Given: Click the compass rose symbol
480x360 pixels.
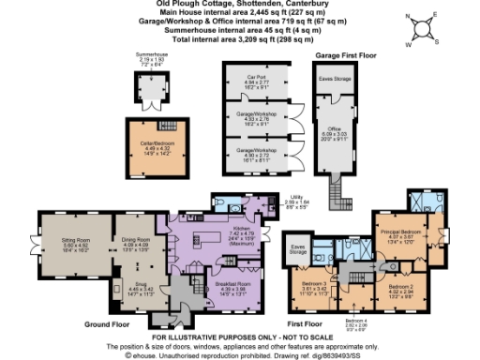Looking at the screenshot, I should click(424, 25).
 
